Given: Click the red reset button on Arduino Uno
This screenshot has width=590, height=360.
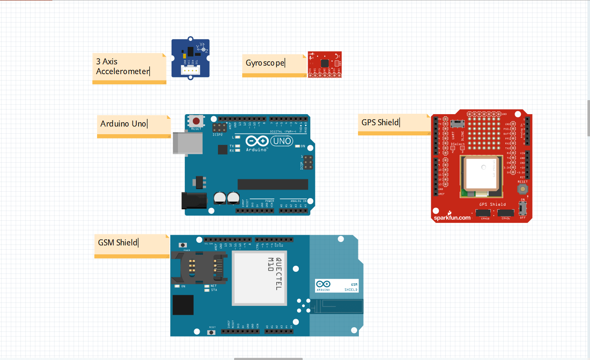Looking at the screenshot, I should coord(196,121).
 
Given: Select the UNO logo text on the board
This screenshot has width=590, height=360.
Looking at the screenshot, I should coord(282,141).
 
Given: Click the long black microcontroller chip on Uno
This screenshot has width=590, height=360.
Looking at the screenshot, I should coord(272,184).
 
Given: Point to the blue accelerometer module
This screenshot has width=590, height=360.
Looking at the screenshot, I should coord(190,58).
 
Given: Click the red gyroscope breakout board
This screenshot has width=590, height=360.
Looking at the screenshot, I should coord(325,64).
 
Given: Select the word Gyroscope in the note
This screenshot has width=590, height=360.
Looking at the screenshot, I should coord(265,63).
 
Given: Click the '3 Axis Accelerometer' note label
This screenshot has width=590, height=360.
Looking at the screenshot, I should coord(123,66).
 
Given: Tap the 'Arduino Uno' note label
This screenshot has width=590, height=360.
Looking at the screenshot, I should coord(123,124).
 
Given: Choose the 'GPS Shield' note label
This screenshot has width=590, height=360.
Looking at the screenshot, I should coord(380,123).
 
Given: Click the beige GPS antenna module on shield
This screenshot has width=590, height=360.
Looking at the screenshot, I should coord(481,173).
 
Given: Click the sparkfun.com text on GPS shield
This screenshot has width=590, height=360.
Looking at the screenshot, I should coord(452,217).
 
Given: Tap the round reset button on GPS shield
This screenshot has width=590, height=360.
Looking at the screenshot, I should coord(522,188).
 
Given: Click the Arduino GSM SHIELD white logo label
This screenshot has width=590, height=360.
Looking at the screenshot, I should coord(337,286).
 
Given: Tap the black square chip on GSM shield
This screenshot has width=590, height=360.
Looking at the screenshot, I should coord(183,305).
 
